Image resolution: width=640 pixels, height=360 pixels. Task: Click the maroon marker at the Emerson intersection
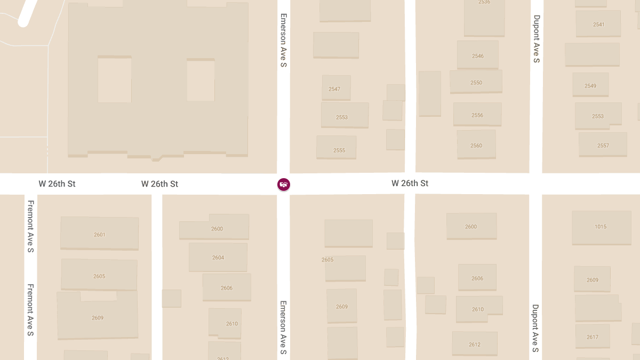[x=284, y=185]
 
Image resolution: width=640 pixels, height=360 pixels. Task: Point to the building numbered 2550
[x=476, y=83]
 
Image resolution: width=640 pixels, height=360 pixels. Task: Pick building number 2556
[x=477, y=115]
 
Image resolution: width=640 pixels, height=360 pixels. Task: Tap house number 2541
[x=598, y=25]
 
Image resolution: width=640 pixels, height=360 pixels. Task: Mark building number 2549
[x=590, y=86]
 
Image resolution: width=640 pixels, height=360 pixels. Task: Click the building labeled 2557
[x=603, y=146]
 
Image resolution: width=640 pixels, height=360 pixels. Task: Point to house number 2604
[x=218, y=258]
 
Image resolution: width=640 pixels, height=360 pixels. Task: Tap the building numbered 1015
[x=601, y=227]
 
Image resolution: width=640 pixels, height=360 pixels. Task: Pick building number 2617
[x=593, y=337]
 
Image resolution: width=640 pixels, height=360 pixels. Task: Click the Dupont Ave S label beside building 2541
[x=537, y=39]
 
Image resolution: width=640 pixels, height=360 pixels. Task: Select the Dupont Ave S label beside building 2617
[x=535, y=329]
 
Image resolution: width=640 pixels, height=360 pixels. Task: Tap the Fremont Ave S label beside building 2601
[x=31, y=227]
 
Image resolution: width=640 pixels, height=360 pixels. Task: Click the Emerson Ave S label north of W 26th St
[x=284, y=41]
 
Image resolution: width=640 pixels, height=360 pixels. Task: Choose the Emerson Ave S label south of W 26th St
[x=284, y=327]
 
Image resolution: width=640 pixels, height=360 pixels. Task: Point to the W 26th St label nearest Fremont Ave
[x=57, y=184]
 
